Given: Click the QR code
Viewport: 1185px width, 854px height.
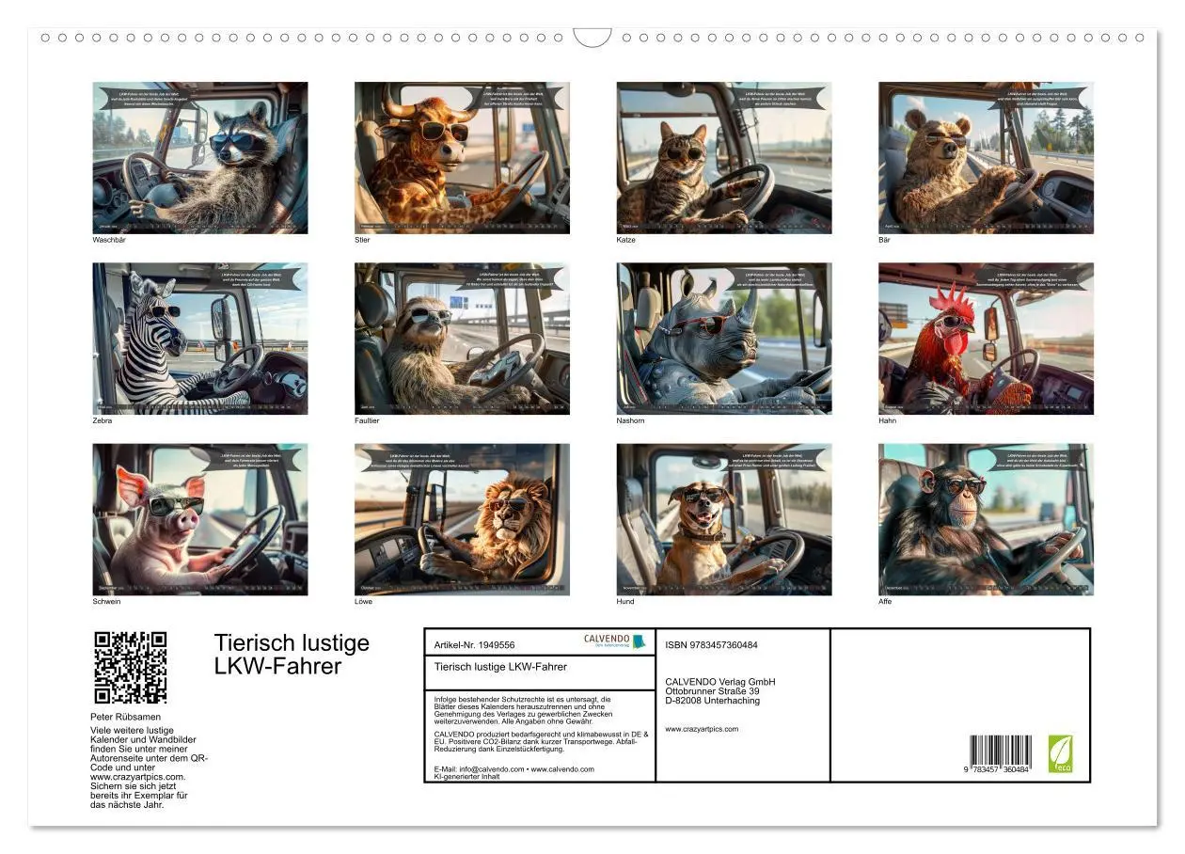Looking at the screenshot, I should pyautogui.click(x=131, y=667).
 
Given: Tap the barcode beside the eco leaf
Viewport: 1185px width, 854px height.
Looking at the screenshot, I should pyautogui.click(x=1001, y=754).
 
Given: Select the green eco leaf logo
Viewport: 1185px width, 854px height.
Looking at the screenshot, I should pyautogui.click(x=1060, y=754).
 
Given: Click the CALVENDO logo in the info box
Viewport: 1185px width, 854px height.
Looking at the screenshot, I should pyautogui.click(x=614, y=640).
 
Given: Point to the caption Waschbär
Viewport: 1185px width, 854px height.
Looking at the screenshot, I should pyautogui.click(x=109, y=240).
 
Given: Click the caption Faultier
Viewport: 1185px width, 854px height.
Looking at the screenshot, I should pyautogui.click(x=367, y=420).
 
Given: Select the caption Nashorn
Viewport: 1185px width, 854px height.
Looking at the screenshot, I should pyautogui.click(x=630, y=420).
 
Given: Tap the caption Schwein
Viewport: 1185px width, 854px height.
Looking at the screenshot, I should pyautogui.click(x=106, y=601).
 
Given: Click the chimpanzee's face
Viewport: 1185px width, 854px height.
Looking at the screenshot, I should pyautogui.click(x=961, y=495).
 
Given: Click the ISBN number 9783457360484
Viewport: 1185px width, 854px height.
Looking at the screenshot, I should pyautogui.click(x=711, y=645).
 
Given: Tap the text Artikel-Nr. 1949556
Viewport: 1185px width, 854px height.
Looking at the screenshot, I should pyautogui.click(x=475, y=645).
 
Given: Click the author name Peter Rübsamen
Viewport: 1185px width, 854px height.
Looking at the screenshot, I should pyautogui.click(x=125, y=717).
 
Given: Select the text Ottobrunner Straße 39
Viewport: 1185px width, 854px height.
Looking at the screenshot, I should pyautogui.click(x=712, y=691).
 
